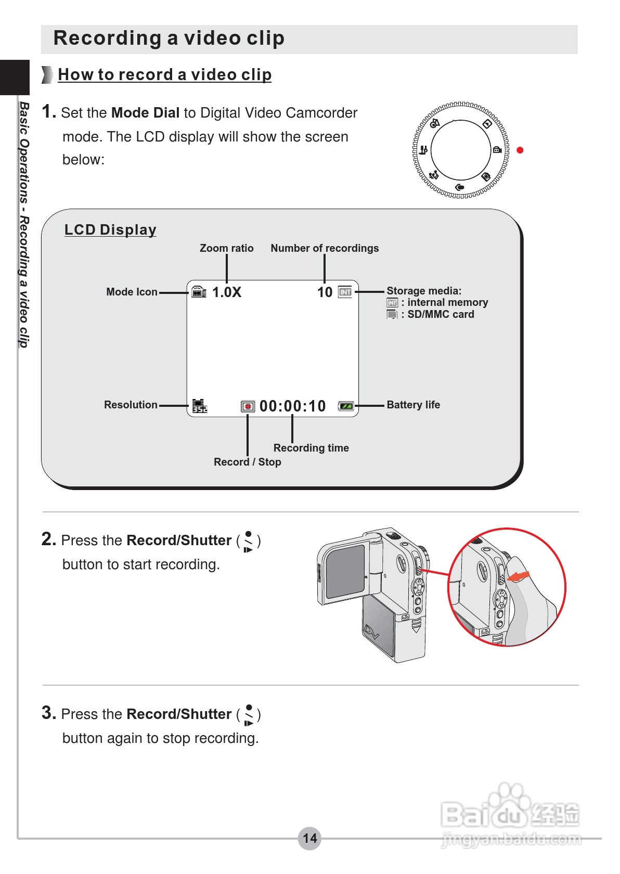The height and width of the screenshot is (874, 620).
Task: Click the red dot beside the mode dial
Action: [x=520, y=150]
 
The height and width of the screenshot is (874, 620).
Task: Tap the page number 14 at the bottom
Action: [x=309, y=838]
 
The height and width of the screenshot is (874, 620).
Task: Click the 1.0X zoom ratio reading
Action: [x=227, y=292]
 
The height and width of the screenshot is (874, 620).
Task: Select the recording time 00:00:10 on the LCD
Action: [x=292, y=406]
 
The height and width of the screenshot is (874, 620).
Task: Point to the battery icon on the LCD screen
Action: [x=346, y=406]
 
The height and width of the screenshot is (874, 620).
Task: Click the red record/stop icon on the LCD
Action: [x=248, y=406]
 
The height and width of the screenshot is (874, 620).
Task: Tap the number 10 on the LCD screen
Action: [x=325, y=292]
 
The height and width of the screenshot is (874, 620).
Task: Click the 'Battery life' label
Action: [x=413, y=405]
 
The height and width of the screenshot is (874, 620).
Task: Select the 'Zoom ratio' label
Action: [x=226, y=248]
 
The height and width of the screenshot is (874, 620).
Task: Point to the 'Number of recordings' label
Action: [x=325, y=248]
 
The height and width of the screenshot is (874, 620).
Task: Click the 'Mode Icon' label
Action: [x=132, y=292]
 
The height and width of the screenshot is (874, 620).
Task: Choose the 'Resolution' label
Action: [x=131, y=405]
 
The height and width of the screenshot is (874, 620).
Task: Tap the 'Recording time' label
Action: [x=311, y=448]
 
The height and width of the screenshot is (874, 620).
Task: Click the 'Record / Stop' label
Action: [x=247, y=462]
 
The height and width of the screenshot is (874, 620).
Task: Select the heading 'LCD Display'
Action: [x=110, y=229]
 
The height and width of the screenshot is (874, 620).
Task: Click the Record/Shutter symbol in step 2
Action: [x=248, y=541]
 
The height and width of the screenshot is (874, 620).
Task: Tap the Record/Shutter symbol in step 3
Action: [x=248, y=715]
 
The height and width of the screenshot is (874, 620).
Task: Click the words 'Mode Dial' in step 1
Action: [x=145, y=113]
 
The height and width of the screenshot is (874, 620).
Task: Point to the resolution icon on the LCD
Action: [x=199, y=406]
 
